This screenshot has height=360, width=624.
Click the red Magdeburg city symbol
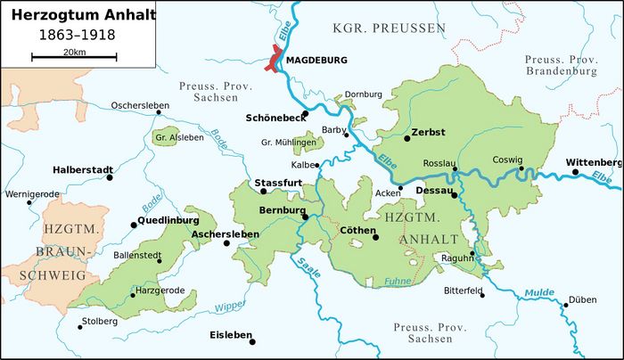(273, 61)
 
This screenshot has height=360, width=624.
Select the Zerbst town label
(430, 132)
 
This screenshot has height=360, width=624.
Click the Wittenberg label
(594, 162)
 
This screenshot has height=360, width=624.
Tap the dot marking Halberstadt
(110, 177)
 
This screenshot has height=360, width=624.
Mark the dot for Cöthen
(375, 237)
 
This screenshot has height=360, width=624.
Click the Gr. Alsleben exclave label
(179, 137)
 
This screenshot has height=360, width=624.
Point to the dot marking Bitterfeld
(482, 295)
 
